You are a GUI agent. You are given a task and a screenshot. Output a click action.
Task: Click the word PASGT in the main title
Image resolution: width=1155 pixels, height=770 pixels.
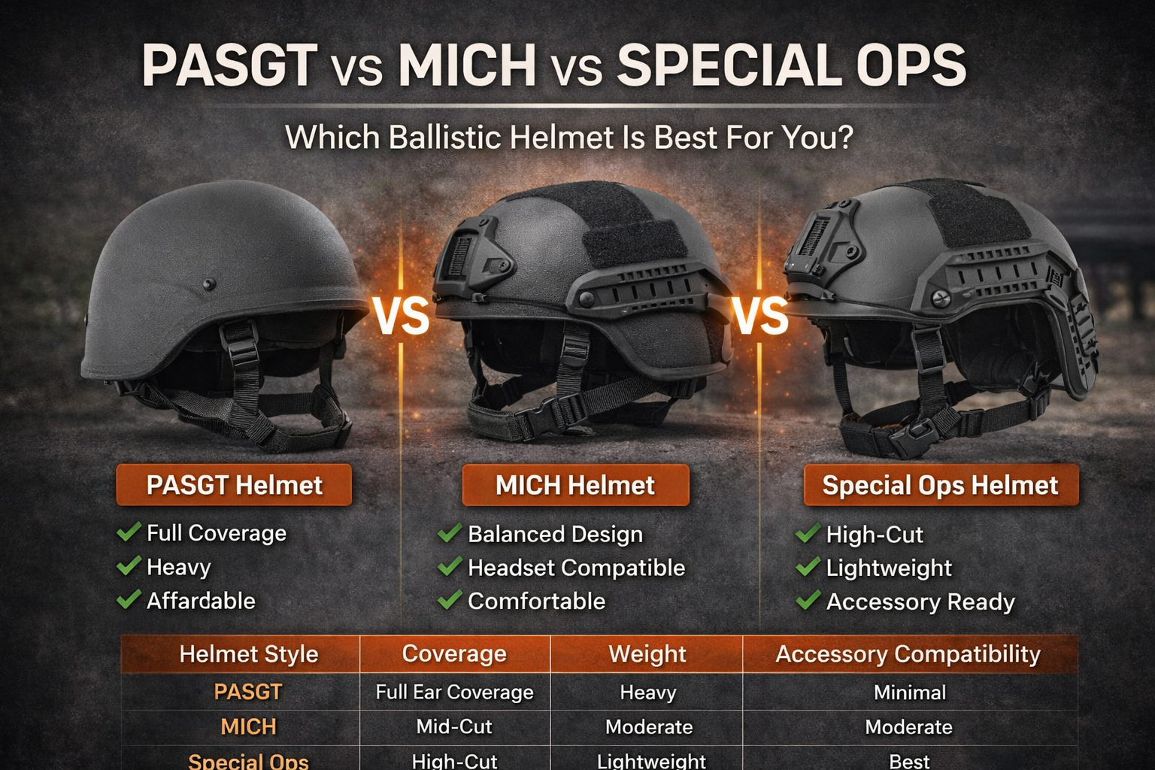pyautogui.click(x=229, y=65)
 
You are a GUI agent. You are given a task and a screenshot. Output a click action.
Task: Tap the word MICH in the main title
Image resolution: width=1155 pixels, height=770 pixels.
pyautogui.click(x=467, y=65)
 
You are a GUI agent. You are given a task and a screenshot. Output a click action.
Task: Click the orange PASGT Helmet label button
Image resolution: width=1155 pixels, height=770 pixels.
pyautogui.click(x=234, y=485)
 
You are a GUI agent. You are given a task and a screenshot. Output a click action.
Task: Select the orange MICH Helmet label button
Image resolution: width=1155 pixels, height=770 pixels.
pyautogui.click(x=575, y=485)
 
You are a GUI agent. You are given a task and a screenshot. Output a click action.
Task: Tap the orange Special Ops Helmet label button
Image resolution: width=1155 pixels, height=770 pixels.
pyautogui.click(x=940, y=485)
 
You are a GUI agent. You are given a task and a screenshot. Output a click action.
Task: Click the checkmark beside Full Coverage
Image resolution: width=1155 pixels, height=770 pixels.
pyautogui.click(x=129, y=532)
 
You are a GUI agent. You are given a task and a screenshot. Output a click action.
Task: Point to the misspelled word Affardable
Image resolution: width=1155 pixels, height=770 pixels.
pyautogui.click(x=201, y=601)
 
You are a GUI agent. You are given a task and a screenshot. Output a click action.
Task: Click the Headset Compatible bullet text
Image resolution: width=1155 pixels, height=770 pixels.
pyautogui.click(x=576, y=568)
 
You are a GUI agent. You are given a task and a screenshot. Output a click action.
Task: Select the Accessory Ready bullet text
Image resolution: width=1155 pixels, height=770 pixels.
pyautogui.click(x=920, y=602)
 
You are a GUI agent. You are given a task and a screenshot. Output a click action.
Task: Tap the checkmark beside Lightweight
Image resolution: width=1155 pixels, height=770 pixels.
pyautogui.click(x=808, y=567)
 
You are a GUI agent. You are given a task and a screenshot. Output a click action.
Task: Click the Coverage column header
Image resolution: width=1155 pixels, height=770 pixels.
pyautogui.click(x=454, y=653)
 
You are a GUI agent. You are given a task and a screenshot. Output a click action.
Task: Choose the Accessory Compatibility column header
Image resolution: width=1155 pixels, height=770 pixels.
pyautogui.click(x=908, y=653)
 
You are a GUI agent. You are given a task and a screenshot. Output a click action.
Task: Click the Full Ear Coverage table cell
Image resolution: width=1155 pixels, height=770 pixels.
pyautogui.click(x=454, y=692)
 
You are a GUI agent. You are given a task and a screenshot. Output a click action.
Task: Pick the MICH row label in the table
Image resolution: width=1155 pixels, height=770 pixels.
pyautogui.click(x=248, y=726)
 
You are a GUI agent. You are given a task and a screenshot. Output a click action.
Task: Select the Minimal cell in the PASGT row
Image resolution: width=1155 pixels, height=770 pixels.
pyautogui.click(x=909, y=692)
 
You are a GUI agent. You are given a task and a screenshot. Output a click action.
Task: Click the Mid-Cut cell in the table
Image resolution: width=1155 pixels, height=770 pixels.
pyautogui.click(x=454, y=726)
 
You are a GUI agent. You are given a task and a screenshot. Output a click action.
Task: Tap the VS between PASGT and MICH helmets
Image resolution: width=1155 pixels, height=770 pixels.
pyautogui.click(x=402, y=316)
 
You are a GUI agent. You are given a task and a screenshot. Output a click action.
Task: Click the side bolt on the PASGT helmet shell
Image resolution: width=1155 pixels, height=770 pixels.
pyautogui.click(x=210, y=284)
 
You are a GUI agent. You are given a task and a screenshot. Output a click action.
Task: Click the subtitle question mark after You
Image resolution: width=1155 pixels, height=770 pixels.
pyautogui.click(x=844, y=138)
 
